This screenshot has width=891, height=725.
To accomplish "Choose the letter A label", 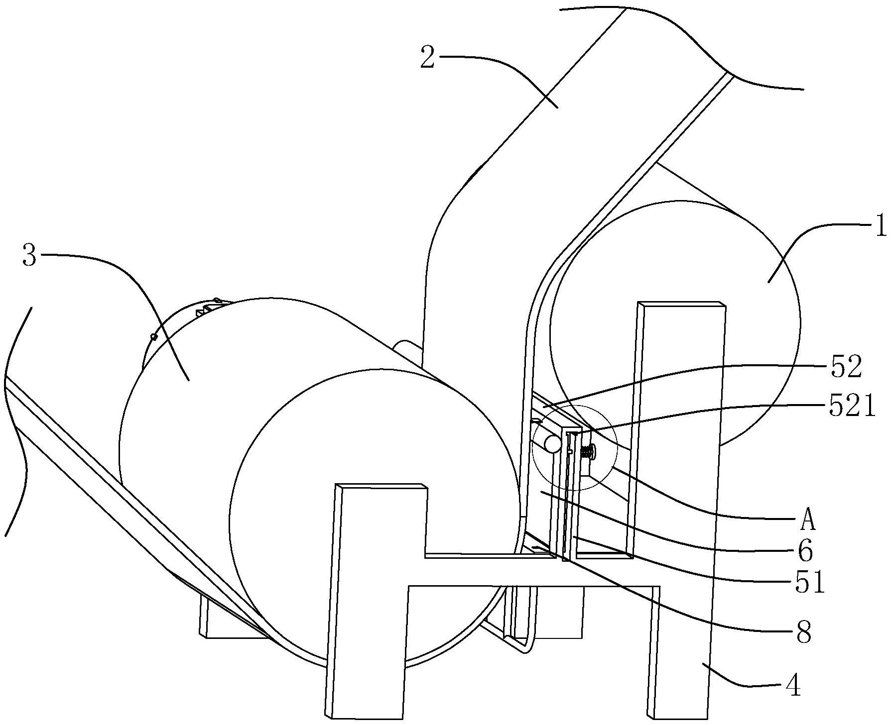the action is tap(808, 521).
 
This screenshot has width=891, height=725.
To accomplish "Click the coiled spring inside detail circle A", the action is tap(588, 452).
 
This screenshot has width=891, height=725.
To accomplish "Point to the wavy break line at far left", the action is tap(16, 421).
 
